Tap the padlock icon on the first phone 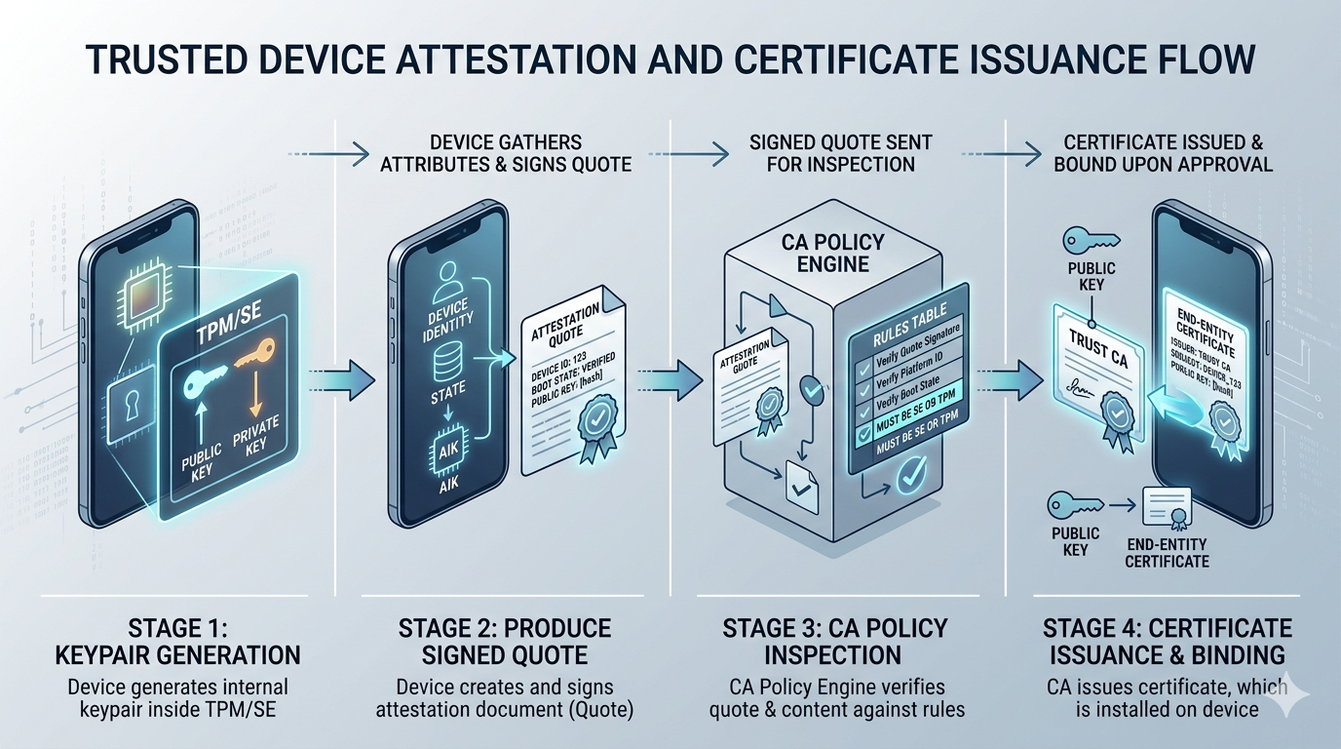(132, 403)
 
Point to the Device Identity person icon (445, 283)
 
